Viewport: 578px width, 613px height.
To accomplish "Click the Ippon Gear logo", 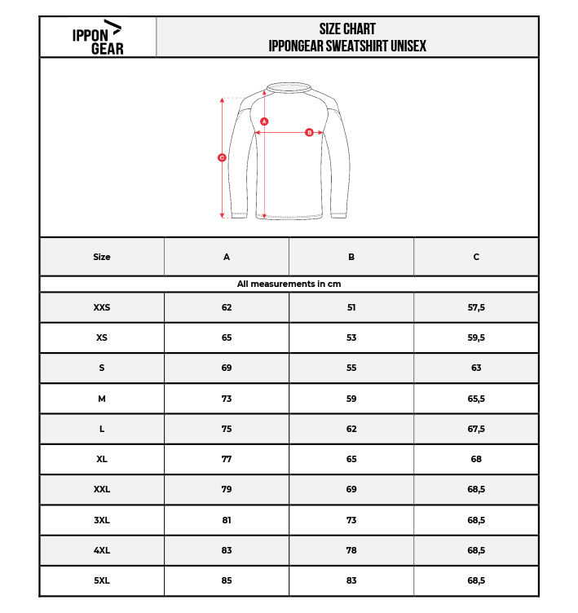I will tap(97, 37).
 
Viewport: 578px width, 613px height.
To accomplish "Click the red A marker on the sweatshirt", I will tap(264, 121).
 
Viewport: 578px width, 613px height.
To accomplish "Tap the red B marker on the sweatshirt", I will tap(309, 132).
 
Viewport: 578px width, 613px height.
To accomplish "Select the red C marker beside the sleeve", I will tap(222, 157).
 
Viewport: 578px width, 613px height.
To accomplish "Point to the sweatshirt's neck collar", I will tap(289, 87).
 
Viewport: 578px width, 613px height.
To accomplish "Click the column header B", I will tap(351, 257).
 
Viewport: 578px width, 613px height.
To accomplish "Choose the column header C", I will tap(476, 257).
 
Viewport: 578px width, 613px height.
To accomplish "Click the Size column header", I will tap(102, 257).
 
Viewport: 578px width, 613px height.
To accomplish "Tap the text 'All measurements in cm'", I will tap(289, 284).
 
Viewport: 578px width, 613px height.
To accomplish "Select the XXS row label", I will tap(102, 307).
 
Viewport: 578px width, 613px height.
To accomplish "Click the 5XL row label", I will tap(102, 580).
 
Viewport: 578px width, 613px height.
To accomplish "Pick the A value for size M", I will tap(227, 399).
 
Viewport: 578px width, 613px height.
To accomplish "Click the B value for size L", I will tap(351, 429).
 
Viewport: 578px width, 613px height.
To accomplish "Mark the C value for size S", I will tap(476, 368).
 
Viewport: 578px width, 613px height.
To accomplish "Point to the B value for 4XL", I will tap(351, 550).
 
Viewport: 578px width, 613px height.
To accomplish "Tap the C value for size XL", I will tap(476, 459).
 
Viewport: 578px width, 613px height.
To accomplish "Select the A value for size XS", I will tap(227, 337).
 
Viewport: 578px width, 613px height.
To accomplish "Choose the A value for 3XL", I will tap(227, 520).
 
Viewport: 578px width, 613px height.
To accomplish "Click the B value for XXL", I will tap(351, 489).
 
